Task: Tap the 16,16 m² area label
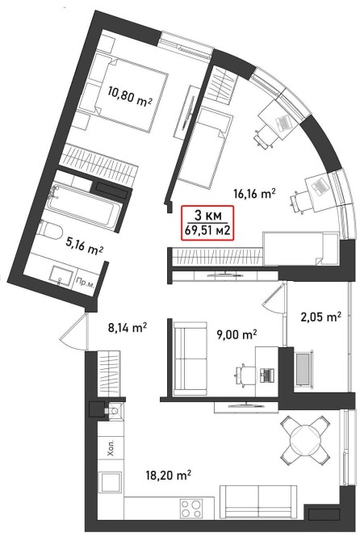tap(254, 194)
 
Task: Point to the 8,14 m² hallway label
tap(128, 327)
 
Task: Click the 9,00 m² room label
tap(237, 334)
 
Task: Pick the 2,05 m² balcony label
tap(321, 317)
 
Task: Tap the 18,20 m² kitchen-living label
tap(168, 476)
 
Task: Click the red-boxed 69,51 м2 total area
tap(207, 230)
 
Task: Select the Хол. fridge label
tap(111, 448)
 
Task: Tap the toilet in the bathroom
tap(51, 230)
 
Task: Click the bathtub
tap(85, 207)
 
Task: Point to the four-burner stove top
tap(190, 508)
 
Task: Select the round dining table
tap(303, 439)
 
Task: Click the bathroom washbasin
tap(61, 275)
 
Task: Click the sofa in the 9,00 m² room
tap(190, 359)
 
